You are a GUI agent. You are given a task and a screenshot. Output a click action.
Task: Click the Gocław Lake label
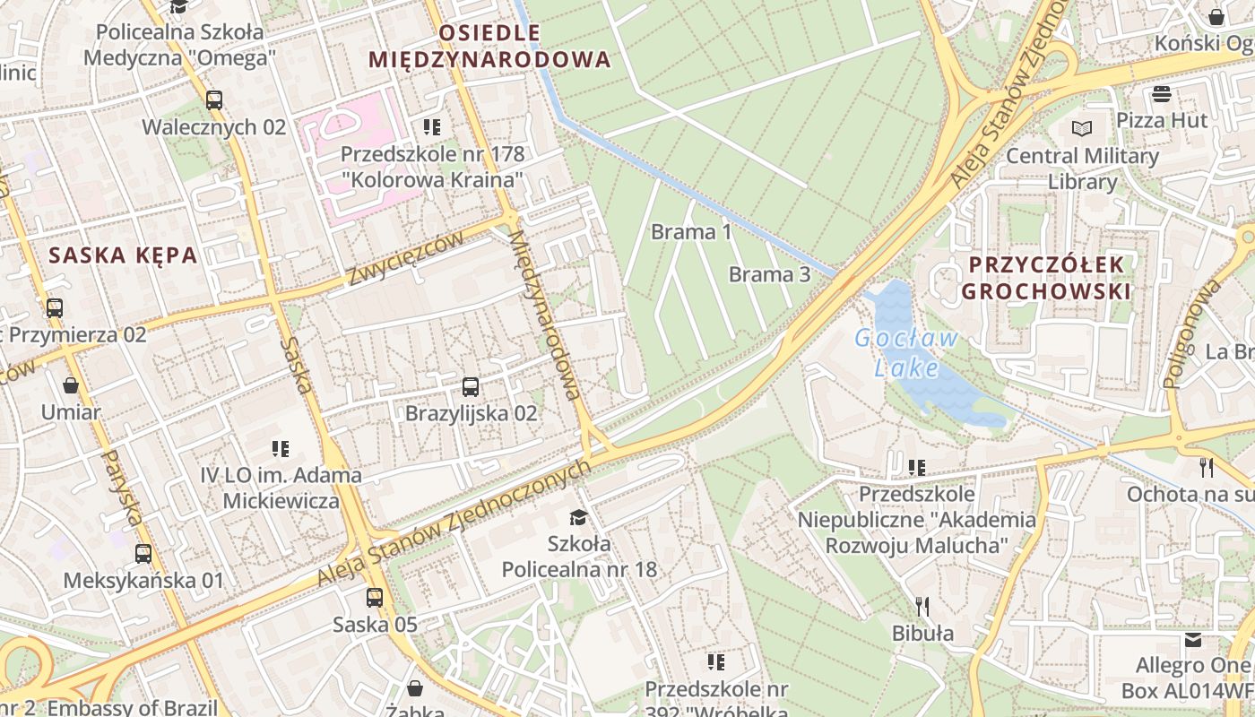click(x=906, y=353)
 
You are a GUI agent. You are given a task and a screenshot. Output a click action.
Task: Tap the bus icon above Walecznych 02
click(x=213, y=99)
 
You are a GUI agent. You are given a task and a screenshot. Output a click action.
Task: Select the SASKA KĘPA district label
click(x=123, y=255)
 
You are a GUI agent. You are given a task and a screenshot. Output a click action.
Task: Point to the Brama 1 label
click(x=691, y=232)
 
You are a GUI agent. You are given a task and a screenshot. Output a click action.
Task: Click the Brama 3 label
click(x=769, y=274)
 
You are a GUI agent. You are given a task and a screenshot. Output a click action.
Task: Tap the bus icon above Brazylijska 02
click(x=471, y=387)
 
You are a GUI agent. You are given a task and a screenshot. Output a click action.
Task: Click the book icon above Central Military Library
click(x=1082, y=128)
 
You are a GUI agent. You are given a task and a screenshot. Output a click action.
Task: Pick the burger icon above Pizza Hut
click(x=1163, y=94)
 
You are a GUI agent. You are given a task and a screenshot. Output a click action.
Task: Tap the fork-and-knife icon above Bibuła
click(x=921, y=607)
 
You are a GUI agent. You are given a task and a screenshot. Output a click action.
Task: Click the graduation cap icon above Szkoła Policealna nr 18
click(x=578, y=517)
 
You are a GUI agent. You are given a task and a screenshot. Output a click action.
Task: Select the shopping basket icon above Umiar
click(x=71, y=386)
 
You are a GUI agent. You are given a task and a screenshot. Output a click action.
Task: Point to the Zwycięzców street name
click(x=406, y=258)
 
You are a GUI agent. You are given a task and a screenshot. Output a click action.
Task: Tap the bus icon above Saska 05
click(x=374, y=597)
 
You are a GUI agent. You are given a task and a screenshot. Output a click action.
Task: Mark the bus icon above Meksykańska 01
click(x=143, y=553)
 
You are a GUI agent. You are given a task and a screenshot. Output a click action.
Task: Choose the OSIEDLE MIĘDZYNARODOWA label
click(x=489, y=48)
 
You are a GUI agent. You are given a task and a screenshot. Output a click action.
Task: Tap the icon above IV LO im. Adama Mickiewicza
click(x=281, y=448)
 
